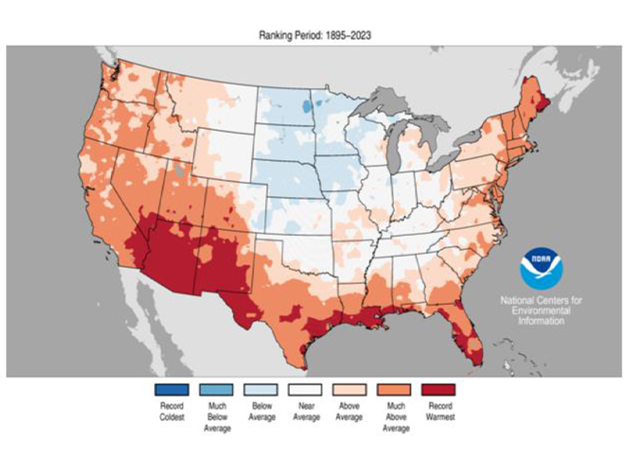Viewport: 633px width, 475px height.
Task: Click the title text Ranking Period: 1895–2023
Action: pyautogui.click(x=316, y=35)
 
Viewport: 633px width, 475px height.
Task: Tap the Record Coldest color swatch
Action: pyautogui.click(x=172, y=390)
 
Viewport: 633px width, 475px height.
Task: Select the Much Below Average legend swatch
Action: pyautogui.click(x=217, y=390)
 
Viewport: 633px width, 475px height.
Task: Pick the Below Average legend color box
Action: pyautogui.click(x=261, y=390)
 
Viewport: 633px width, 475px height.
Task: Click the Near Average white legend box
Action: pyautogui.click(x=305, y=390)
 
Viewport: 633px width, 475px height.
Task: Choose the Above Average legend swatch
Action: pyautogui.click(x=349, y=390)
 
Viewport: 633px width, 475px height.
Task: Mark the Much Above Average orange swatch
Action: pyautogui.click(x=394, y=390)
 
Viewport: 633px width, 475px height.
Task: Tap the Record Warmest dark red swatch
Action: pyautogui.click(x=439, y=390)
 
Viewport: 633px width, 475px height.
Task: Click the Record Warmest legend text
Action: pyautogui.click(x=439, y=411)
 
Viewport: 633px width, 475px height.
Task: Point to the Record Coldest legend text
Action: pyautogui.click(x=172, y=411)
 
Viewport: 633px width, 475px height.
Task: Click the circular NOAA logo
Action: pyautogui.click(x=540, y=267)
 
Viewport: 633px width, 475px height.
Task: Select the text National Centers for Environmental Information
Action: pyautogui.click(x=540, y=310)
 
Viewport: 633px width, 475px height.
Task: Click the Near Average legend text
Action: pyautogui.click(x=305, y=411)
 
